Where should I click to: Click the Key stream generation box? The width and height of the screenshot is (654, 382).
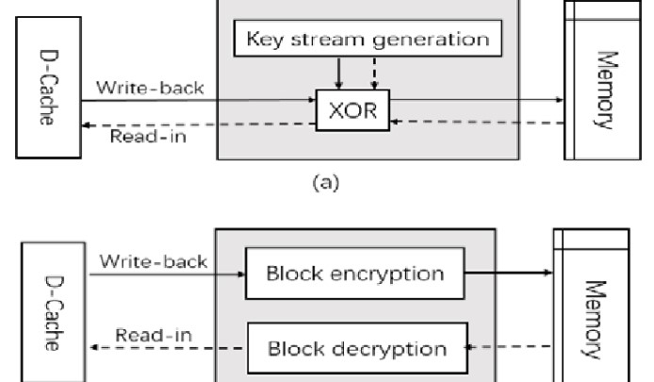click(x=368, y=39)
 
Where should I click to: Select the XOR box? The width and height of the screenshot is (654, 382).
click(x=352, y=111)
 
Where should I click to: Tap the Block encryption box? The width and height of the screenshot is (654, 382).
click(x=354, y=274)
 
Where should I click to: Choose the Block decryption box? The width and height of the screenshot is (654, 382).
click(x=356, y=348)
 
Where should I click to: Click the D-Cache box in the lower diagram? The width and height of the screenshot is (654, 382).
click(x=41, y=307)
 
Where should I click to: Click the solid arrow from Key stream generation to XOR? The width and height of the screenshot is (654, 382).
click(x=340, y=74)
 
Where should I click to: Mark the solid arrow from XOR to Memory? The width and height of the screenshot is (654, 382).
click(x=476, y=101)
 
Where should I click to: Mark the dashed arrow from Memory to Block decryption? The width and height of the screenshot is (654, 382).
click(x=511, y=346)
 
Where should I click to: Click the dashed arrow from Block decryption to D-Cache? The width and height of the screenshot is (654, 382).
click(x=165, y=348)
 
